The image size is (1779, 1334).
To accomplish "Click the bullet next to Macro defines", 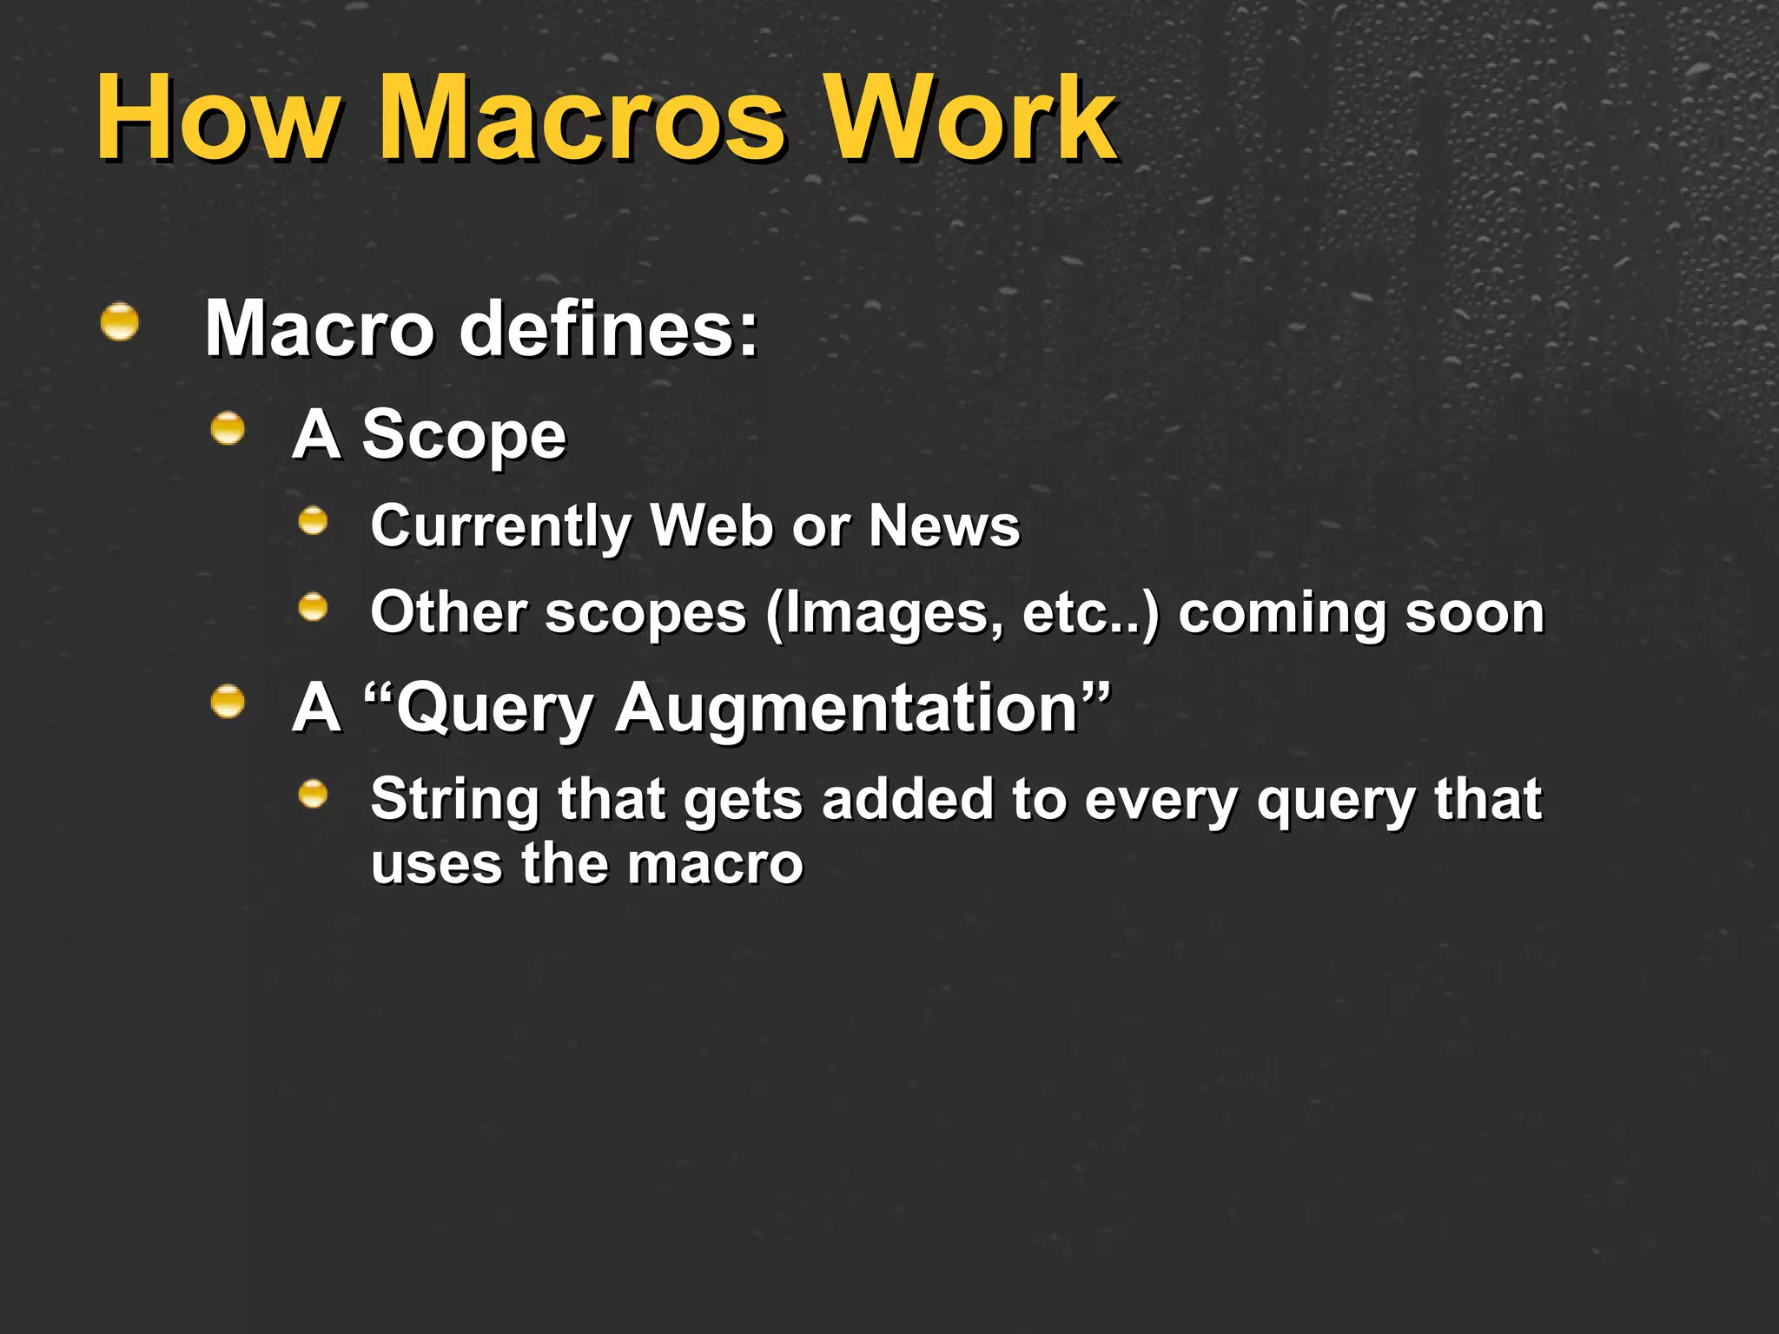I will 120,322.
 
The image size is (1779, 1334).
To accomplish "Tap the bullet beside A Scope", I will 228,428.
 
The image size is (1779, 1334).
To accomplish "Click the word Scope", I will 463,436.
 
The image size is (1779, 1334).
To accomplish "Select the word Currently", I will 501,526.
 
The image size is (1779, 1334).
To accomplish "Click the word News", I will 944,526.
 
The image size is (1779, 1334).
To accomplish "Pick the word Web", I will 711,526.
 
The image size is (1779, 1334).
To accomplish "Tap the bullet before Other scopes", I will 313,607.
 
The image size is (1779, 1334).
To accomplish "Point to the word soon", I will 1474,614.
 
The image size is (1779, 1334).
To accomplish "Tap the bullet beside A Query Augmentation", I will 228,701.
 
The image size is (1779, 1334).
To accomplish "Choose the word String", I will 454,800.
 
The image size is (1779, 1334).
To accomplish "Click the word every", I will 1161,800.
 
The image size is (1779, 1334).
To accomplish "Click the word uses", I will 437,864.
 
